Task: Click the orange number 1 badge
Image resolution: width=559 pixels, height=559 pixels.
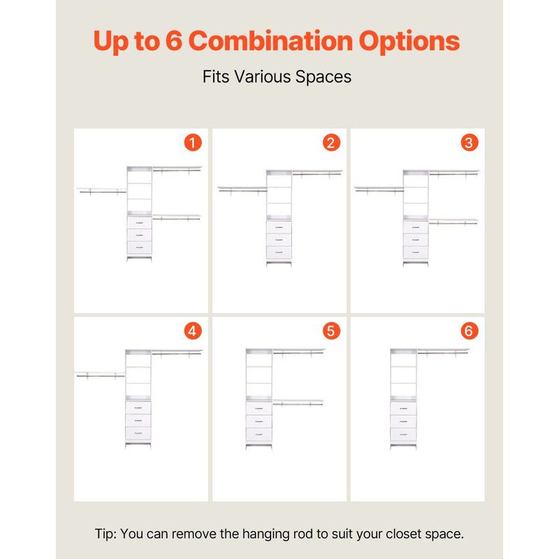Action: tap(193, 143)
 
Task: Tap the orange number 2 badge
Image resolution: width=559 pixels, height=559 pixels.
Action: tap(331, 143)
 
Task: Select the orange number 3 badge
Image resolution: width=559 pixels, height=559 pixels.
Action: tap(469, 143)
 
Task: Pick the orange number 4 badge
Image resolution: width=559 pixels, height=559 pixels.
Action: tap(193, 331)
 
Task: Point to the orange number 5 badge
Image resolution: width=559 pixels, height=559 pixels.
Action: tap(331, 331)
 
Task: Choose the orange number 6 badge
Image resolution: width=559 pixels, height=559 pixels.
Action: tap(469, 331)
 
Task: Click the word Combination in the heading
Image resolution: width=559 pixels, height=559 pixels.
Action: tap(270, 41)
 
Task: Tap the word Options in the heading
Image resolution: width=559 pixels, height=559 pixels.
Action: tap(409, 42)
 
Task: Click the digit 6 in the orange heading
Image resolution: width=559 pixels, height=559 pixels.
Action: tap(174, 41)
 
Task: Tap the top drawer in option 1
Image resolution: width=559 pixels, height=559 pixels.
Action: tap(139, 223)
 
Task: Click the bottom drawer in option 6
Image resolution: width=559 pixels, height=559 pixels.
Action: tap(403, 434)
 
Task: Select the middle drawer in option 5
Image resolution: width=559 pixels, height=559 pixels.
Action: tap(259, 421)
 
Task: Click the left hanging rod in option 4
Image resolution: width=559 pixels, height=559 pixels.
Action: tap(101, 376)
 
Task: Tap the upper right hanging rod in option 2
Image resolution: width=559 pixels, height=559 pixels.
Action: tap(317, 174)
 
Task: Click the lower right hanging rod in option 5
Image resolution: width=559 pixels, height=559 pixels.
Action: tap(298, 404)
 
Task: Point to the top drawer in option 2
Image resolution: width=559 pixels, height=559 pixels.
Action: tap(279, 227)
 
